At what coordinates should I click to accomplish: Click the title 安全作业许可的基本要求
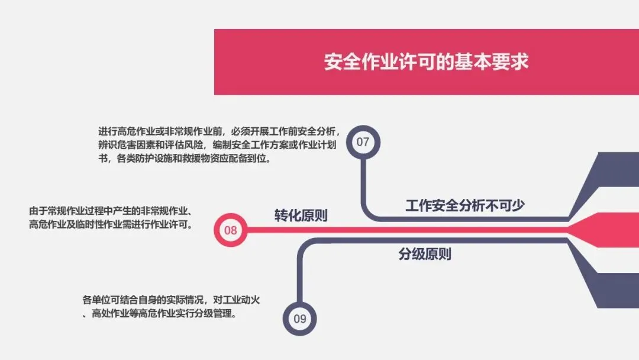tap(426, 62)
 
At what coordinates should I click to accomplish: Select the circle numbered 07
tap(363, 142)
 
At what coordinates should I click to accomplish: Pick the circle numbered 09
tap(300, 319)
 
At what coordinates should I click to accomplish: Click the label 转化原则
tap(301, 216)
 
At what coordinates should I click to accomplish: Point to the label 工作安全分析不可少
tap(465, 205)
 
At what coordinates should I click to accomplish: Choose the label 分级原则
tap(425, 255)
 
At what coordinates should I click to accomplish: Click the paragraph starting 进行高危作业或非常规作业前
tap(219, 146)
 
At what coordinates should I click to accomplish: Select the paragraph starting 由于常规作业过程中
tap(112, 218)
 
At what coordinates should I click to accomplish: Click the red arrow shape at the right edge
tap(609, 230)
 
